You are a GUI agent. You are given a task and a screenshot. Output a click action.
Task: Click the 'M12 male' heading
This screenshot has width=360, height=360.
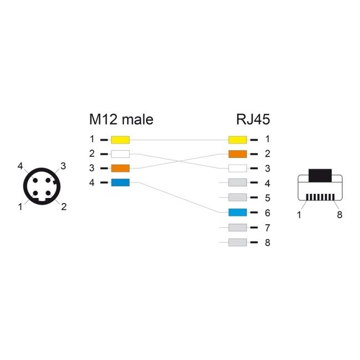click(121, 119)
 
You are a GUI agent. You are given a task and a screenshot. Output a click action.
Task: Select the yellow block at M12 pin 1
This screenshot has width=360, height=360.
click(120, 139)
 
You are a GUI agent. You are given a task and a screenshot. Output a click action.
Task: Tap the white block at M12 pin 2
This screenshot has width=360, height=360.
click(120, 153)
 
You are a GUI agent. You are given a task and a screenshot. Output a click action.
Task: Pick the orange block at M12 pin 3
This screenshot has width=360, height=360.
click(120, 168)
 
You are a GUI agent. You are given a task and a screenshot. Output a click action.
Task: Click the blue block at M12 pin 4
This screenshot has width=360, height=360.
click(120, 183)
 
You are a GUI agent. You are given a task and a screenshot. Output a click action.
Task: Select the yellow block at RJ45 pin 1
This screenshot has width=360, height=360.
click(237, 139)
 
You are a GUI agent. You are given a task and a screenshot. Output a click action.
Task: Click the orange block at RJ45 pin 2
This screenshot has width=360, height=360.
click(237, 153)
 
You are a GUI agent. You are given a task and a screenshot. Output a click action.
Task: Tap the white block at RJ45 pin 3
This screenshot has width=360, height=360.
click(237, 168)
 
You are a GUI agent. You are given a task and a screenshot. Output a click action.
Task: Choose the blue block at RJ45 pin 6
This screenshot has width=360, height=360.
click(237, 212)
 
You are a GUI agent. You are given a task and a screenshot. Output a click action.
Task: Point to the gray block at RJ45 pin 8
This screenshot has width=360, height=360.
click(237, 242)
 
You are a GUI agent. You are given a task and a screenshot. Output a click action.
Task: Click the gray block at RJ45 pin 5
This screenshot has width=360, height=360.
click(237, 198)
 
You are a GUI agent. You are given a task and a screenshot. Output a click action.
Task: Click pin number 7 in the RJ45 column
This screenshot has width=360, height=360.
click(267, 227)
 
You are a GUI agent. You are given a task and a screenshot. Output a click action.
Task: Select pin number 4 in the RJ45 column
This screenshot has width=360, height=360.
click(267, 183)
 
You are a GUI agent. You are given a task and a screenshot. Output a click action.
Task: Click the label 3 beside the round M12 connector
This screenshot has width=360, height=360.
click(63, 166)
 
